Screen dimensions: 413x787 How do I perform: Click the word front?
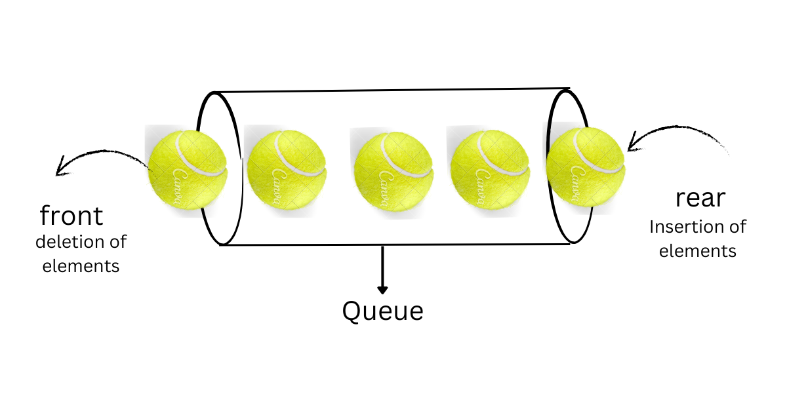click(x=72, y=215)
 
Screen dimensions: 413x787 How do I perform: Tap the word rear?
click(x=700, y=199)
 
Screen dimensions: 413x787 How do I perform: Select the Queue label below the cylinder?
click(x=383, y=311)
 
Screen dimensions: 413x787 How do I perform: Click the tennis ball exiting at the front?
click(x=188, y=169)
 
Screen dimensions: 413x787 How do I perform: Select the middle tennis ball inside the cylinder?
click(x=393, y=168)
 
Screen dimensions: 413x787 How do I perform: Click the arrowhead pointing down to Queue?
click(x=383, y=289)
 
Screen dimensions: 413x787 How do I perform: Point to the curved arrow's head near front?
click(x=60, y=169)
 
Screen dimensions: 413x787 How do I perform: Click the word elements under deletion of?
click(x=81, y=266)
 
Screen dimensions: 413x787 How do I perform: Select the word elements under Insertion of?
click(x=698, y=251)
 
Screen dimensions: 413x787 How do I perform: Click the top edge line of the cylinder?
click(x=393, y=90)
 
